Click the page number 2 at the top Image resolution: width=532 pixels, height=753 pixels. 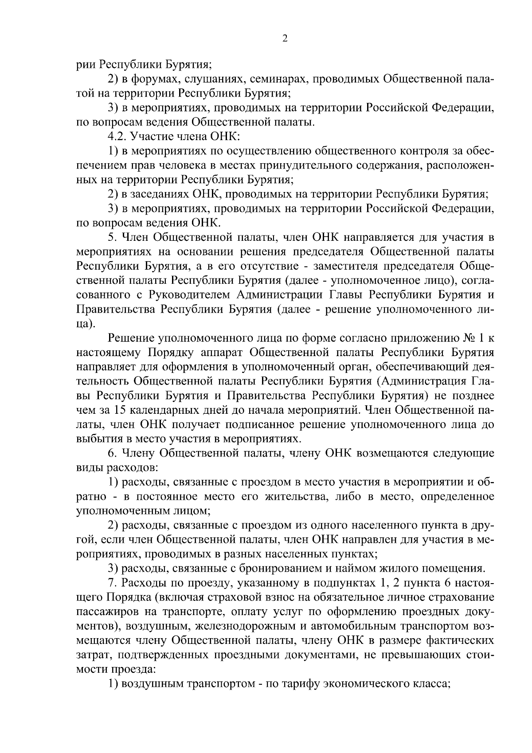pyautogui.click(x=285, y=39)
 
